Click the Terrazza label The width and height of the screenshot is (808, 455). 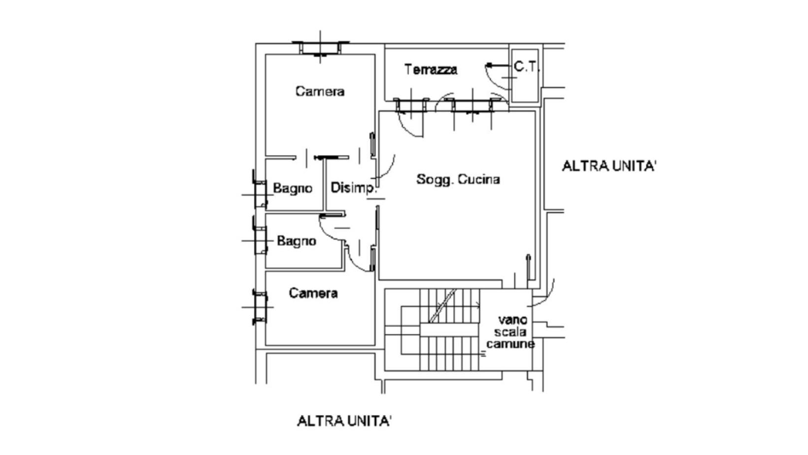click(x=431, y=69)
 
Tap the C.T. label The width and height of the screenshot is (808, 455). click(x=526, y=66)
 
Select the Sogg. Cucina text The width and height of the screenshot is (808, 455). click(x=458, y=179)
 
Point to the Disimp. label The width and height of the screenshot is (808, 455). click(x=354, y=188)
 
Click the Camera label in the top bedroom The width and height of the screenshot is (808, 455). click(x=320, y=91)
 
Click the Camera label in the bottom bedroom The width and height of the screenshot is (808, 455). click(x=313, y=293)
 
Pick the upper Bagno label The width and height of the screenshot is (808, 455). click(x=293, y=188)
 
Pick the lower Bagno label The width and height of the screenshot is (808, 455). click(x=297, y=241)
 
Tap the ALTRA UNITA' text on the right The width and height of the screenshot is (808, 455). click(x=609, y=166)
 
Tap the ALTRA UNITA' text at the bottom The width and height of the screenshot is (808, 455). click(x=344, y=421)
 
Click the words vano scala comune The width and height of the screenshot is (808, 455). click(x=510, y=332)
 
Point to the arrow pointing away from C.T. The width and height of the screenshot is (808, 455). click(x=499, y=65)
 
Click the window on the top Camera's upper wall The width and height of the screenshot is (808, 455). click(x=320, y=48)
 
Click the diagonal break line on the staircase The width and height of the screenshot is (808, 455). click(x=442, y=305)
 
